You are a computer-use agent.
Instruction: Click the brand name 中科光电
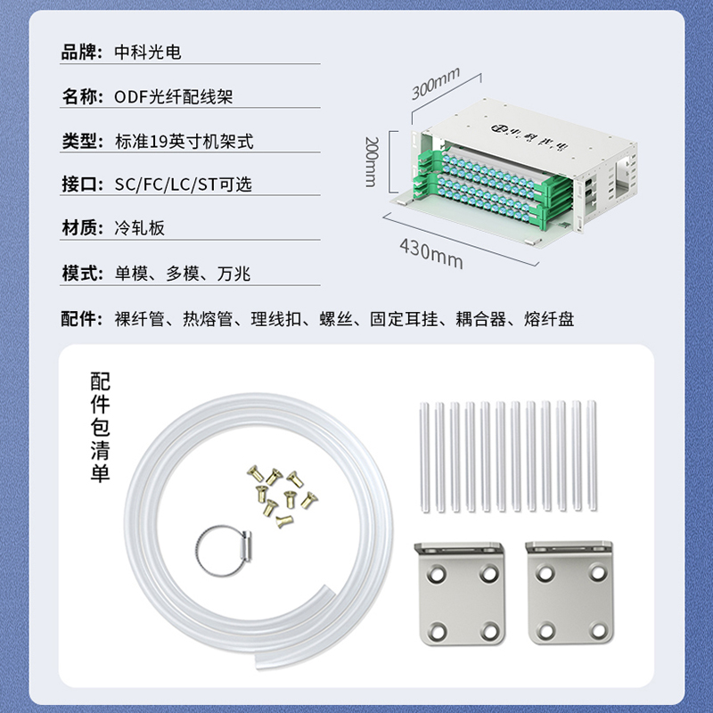tap(148, 53)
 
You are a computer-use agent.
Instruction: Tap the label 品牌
tap(78, 53)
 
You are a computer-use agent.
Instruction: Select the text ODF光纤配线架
tap(173, 97)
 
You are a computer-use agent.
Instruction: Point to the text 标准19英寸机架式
tap(184, 142)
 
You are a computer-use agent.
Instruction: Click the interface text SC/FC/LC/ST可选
tap(183, 184)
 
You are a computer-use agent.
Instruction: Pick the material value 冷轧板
tap(140, 228)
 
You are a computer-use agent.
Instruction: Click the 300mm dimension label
tap(436, 83)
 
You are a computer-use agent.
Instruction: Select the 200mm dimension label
tap(371, 161)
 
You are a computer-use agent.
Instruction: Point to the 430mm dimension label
tap(431, 254)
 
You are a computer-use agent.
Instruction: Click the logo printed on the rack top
tap(529, 137)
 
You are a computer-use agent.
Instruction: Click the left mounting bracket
tap(460, 594)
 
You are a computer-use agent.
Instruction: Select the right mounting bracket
tap(570, 593)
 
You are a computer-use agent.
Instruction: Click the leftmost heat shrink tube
tap(424, 457)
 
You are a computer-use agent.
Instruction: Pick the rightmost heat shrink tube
tap(591, 455)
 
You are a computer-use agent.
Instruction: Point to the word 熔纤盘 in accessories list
tap(549, 319)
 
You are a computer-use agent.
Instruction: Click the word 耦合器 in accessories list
tap(480, 319)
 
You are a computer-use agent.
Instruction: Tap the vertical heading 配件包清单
tap(100, 427)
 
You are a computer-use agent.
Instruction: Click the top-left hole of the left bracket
tap(437, 574)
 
